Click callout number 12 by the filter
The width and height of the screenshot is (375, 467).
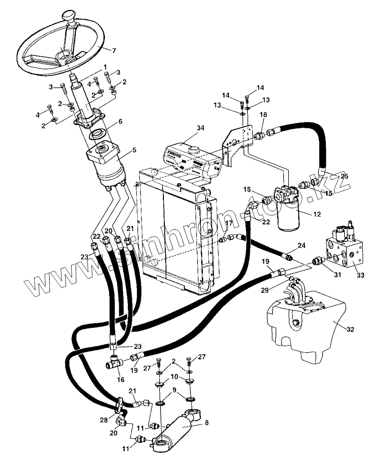coord(317,214)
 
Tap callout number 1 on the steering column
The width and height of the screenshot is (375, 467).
coord(105,67)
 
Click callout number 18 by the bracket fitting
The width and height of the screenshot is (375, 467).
coord(264,114)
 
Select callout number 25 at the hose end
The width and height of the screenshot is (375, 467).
coord(344,176)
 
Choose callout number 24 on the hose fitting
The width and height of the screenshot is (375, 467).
coord(301,245)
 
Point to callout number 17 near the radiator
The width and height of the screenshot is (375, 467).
coord(228,224)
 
